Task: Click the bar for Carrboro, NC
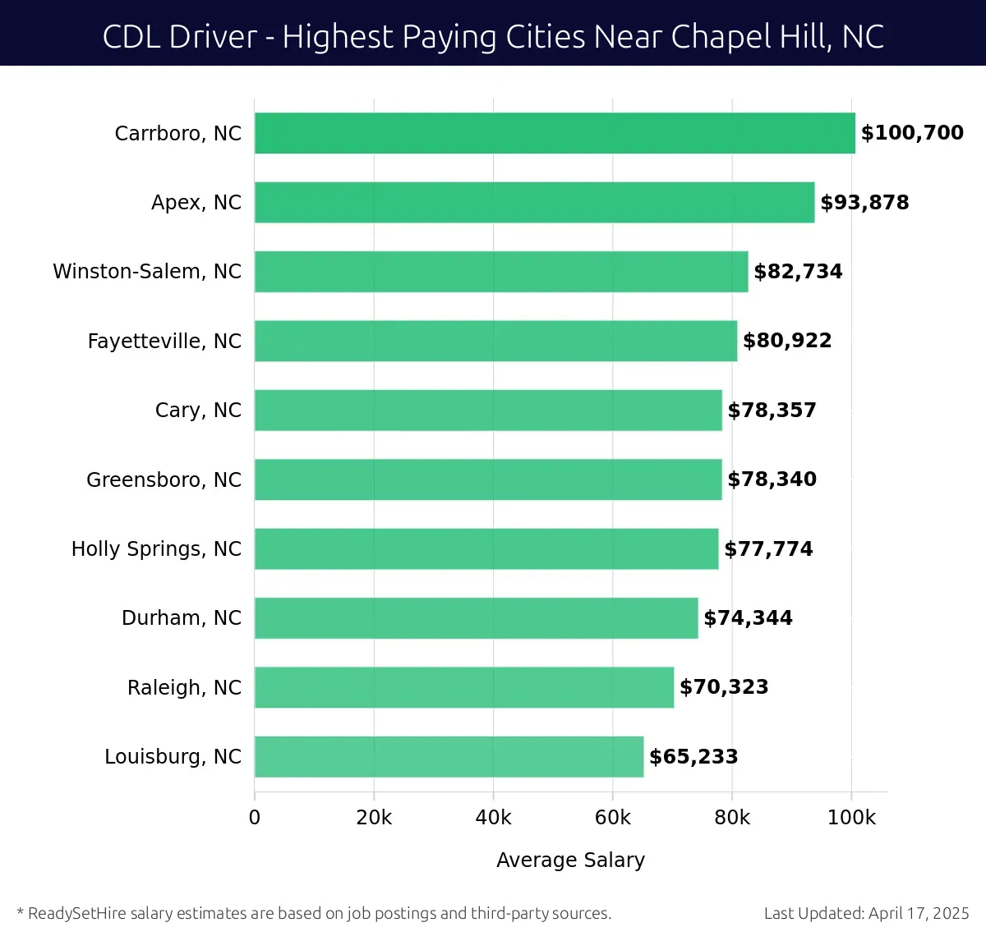555,133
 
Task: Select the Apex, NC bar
534,203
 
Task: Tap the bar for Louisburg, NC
449,757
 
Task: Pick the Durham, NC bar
476,618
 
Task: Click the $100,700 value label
912,133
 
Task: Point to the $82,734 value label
798,272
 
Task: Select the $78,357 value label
772,411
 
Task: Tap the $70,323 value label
724,687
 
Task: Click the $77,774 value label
768,549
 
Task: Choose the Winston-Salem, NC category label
147,272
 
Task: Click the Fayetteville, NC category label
164,342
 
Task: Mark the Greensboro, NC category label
164,479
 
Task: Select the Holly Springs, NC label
156,549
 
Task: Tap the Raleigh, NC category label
184,687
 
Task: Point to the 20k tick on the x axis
374,818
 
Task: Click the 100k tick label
851,818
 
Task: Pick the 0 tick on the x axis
255,818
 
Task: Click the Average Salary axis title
570,860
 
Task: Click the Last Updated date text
866,913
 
